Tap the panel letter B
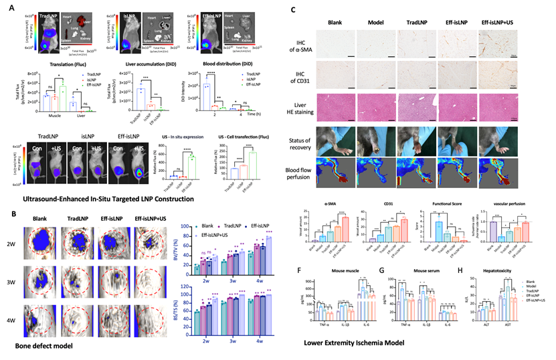(x=5, y=215)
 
